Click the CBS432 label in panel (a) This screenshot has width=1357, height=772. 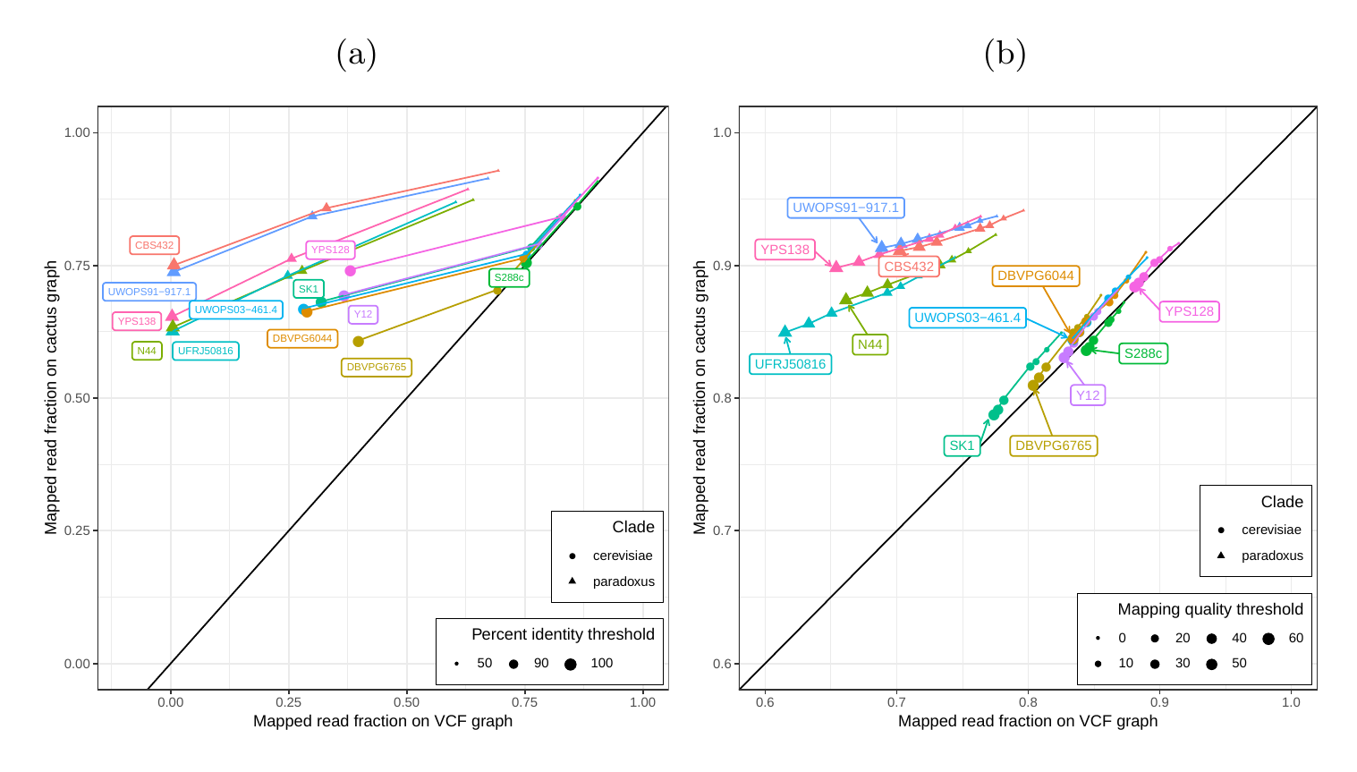[x=154, y=245]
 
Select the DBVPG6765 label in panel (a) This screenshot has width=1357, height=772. [x=376, y=367]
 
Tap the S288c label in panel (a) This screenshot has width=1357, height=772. [x=509, y=277]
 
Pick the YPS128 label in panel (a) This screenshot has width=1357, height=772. [x=330, y=250]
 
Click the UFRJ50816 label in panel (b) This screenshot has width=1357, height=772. [x=790, y=364]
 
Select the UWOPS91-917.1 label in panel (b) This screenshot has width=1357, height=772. [x=845, y=208]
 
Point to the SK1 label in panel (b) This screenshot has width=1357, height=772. [x=962, y=445]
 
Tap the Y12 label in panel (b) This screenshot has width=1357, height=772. [x=1087, y=395]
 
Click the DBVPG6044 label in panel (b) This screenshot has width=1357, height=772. [x=1035, y=276]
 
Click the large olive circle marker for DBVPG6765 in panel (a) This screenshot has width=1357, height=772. [x=358, y=342]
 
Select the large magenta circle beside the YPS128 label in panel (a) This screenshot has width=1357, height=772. [x=350, y=271]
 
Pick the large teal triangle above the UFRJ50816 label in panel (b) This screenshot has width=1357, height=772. [x=785, y=331]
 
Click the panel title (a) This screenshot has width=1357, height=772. [x=356, y=55]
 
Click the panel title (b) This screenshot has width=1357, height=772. [x=1005, y=55]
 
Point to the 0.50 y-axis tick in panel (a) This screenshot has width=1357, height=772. [x=77, y=398]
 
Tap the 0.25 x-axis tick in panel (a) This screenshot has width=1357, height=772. [x=288, y=702]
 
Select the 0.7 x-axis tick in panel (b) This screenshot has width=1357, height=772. [x=896, y=702]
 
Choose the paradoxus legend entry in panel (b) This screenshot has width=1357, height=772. [x=1271, y=556]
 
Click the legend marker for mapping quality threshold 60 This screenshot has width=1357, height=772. [x=1268, y=639]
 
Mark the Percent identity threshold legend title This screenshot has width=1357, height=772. [x=563, y=634]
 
